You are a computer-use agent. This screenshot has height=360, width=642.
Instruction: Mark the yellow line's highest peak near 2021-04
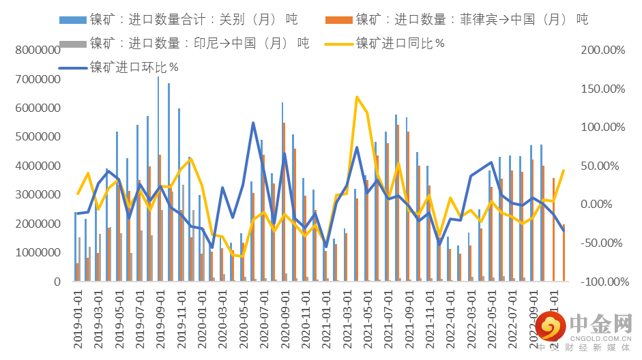pyautogui.click(x=357, y=97)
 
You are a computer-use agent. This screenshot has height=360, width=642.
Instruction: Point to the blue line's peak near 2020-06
pyautogui.click(x=252, y=123)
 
